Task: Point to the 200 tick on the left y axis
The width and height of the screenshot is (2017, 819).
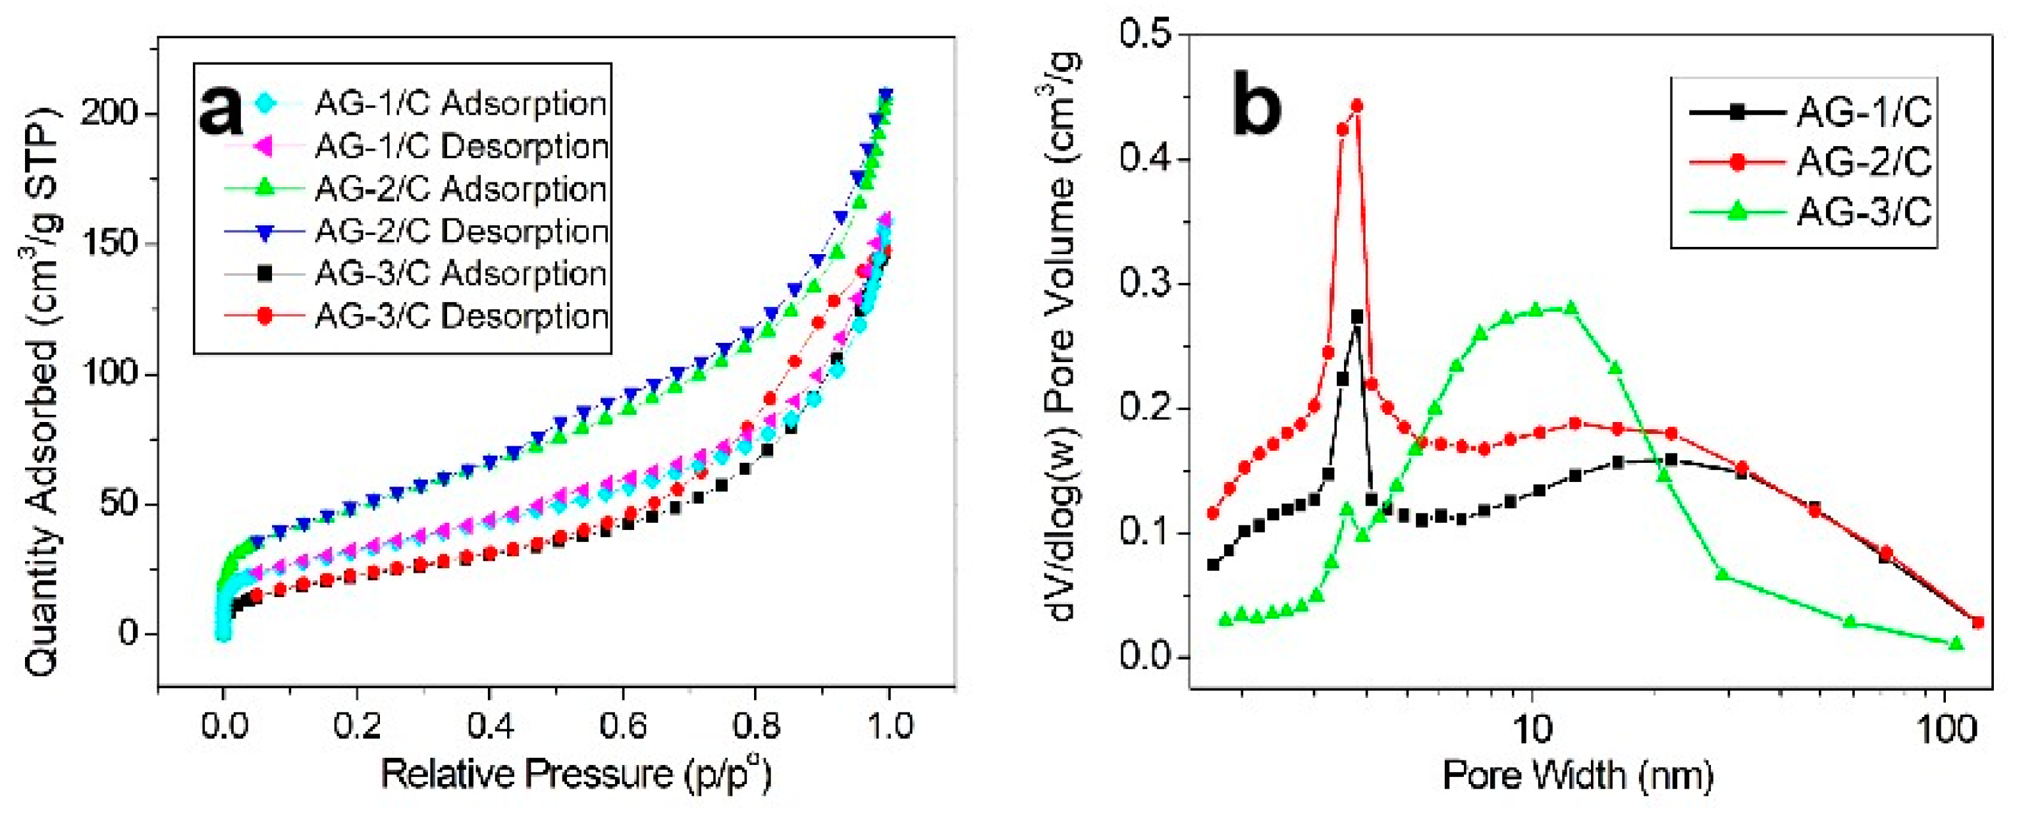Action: click(x=111, y=115)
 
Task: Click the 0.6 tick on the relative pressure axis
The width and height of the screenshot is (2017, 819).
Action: click(x=622, y=726)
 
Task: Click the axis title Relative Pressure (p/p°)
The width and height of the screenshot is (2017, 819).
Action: click(x=576, y=774)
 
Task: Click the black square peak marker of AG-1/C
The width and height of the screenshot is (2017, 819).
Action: click(x=1357, y=316)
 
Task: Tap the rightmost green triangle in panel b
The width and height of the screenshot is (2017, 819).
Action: click(x=1956, y=644)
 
